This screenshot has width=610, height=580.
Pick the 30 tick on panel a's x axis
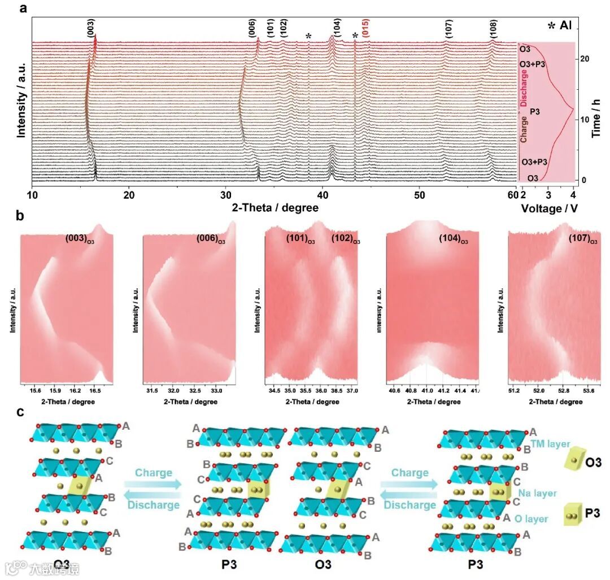(226, 195)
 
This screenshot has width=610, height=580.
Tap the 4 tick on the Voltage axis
(573, 195)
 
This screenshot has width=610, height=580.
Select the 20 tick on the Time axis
(586, 59)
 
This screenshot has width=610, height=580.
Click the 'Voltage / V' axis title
(547, 207)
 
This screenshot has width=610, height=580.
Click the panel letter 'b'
(20, 216)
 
